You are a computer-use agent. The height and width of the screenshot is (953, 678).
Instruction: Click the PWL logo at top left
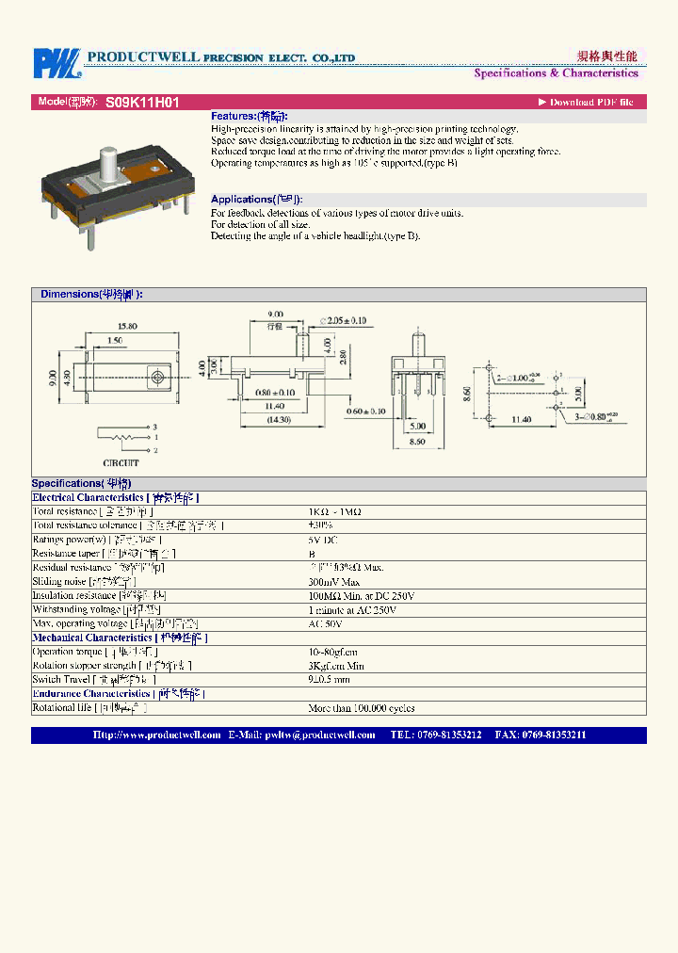pyautogui.click(x=57, y=63)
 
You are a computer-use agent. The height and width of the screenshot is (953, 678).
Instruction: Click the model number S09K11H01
pyautogui.click(x=142, y=103)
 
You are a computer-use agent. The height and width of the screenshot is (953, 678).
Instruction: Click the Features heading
pyautogui.click(x=250, y=116)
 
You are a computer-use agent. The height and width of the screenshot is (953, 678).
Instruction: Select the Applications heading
pyautogui.click(x=257, y=200)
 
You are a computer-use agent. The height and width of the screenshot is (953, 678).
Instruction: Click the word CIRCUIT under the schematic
pyautogui.click(x=121, y=463)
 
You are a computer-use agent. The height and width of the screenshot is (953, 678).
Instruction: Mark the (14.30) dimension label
pyautogui.click(x=277, y=419)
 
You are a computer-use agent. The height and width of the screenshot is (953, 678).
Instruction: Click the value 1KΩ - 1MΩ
pyautogui.click(x=335, y=511)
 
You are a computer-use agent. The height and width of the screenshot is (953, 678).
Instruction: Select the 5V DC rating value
pyautogui.click(x=323, y=540)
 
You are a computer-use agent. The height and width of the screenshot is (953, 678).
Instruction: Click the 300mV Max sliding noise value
pyautogui.click(x=334, y=582)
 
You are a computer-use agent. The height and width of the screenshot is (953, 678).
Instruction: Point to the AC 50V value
pyautogui.click(x=325, y=624)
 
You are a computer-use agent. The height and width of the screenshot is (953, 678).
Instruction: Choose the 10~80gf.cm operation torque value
pyautogui.click(x=332, y=652)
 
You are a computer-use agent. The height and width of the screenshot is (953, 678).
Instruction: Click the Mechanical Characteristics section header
pyautogui.click(x=120, y=638)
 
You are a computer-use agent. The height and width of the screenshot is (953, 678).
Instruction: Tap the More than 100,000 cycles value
pyautogui.click(x=362, y=708)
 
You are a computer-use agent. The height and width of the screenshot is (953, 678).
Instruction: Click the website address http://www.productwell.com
pyautogui.click(x=157, y=735)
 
